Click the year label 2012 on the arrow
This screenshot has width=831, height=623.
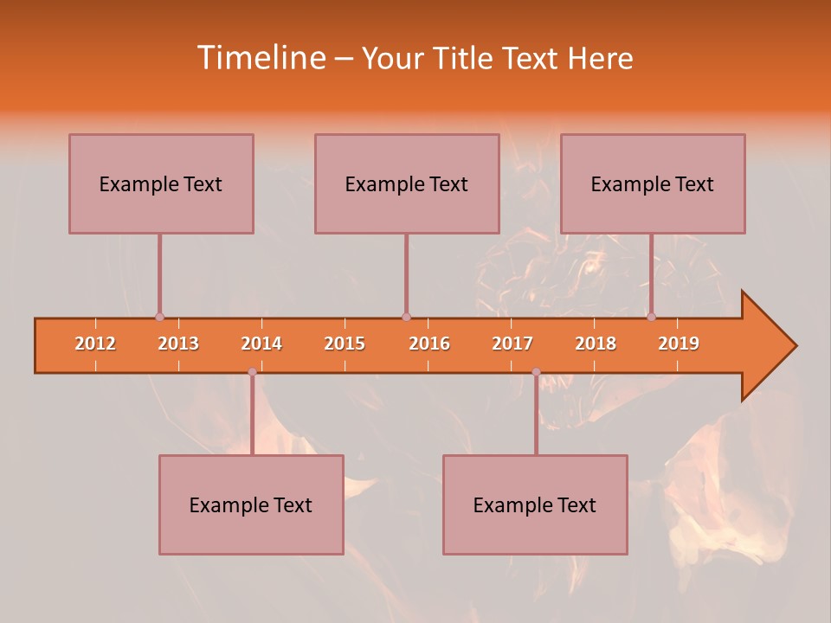[x=95, y=344]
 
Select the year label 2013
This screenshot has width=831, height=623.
[x=178, y=344]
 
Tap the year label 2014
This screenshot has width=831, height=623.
[x=261, y=344]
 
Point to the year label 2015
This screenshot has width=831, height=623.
[x=345, y=344]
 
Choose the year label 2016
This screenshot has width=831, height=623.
[x=429, y=344]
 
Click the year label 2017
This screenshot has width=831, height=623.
[x=512, y=344]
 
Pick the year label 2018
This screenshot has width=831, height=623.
[x=596, y=344]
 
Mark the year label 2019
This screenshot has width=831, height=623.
[x=679, y=344]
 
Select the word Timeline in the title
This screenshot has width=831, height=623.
[x=260, y=58]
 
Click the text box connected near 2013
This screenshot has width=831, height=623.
[x=161, y=183]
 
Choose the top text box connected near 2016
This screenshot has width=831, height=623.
[x=407, y=183]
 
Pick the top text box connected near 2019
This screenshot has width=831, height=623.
[x=653, y=183]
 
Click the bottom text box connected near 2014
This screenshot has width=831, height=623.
[x=251, y=504]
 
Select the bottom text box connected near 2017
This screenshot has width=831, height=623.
[x=535, y=504]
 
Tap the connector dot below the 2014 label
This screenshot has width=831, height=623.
[x=252, y=372]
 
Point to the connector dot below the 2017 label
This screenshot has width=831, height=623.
[x=536, y=372]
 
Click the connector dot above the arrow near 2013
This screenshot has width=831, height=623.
[x=159, y=317]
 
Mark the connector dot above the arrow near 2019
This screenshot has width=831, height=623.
[x=651, y=317]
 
